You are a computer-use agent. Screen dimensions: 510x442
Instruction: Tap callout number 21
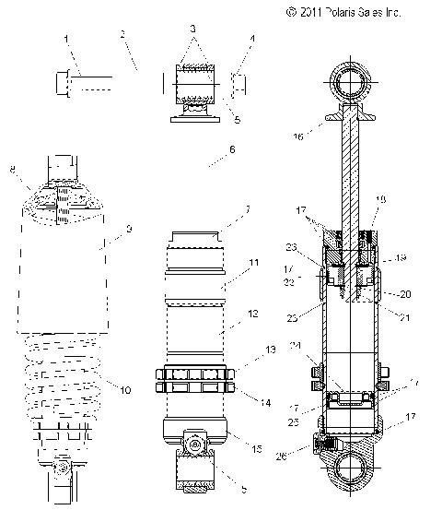[403, 318]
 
